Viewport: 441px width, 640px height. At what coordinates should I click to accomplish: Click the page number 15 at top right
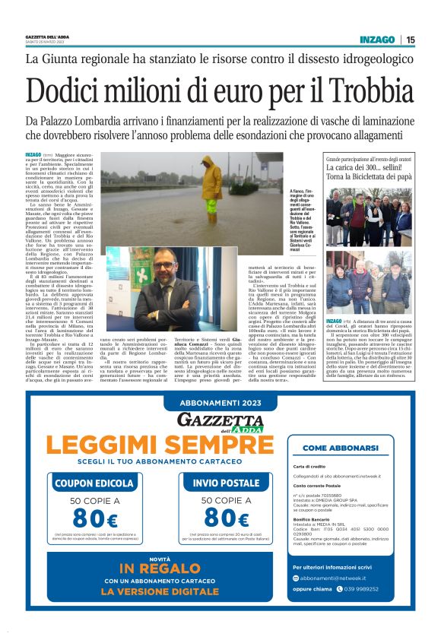(411, 40)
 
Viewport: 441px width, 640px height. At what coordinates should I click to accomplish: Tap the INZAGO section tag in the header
(379, 40)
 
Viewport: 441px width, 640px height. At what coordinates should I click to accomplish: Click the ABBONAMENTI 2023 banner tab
(220, 405)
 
